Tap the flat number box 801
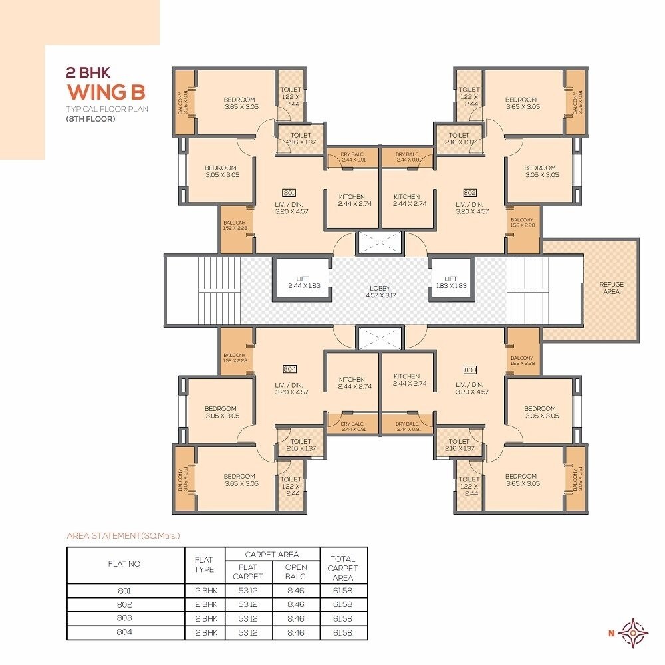click(x=289, y=192)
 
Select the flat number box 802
click(x=470, y=192)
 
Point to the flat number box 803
click(x=470, y=369)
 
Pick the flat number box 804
click(x=289, y=369)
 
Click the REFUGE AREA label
click(x=611, y=288)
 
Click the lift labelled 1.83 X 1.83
click(x=451, y=282)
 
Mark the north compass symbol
click(x=632, y=632)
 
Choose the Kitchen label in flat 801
click(x=352, y=200)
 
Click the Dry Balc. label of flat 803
click(x=406, y=426)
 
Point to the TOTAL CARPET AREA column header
click(x=342, y=568)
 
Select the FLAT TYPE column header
click(x=205, y=565)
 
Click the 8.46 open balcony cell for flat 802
click(x=297, y=604)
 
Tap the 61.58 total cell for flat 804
click(x=342, y=632)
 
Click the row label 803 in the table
click(x=124, y=618)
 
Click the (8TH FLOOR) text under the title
click(x=90, y=119)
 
